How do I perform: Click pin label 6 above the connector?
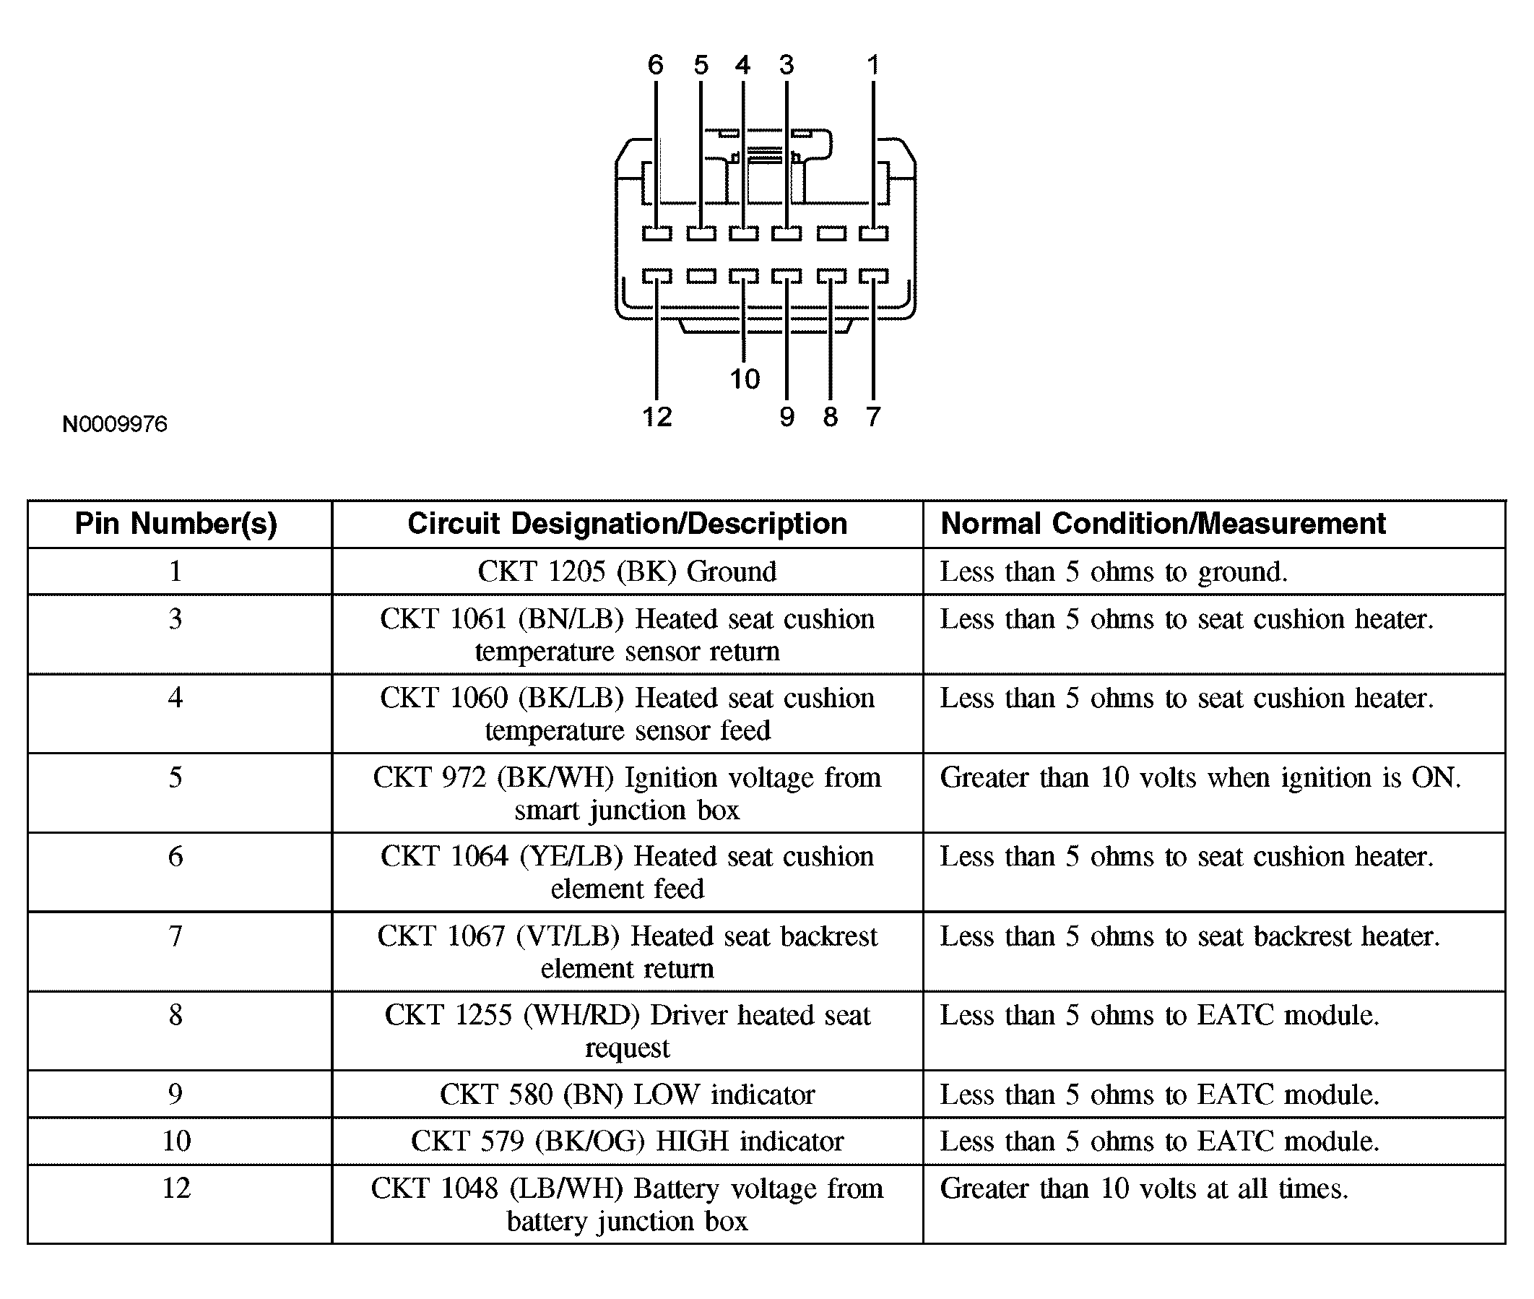[x=655, y=65]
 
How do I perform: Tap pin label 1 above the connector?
[x=873, y=65]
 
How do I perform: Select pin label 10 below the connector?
[x=744, y=379]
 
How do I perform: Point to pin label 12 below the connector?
[x=656, y=418]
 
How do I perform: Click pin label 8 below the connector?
[x=831, y=418]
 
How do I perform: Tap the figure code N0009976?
[x=115, y=424]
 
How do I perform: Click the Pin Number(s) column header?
[x=176, y=524]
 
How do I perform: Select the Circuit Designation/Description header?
[x=627, y=524]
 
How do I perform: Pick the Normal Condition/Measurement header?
[x=1163, y=524]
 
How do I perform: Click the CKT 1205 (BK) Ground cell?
[x=627, y=571]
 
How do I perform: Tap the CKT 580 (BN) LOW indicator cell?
[x=627, y=1095]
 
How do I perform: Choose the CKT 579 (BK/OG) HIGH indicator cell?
[x=627, y=1142]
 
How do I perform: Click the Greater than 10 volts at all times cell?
[x=1144, y=1188]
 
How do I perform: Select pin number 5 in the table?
[x=175, y=777]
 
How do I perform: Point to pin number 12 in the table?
[x=176, y=1188]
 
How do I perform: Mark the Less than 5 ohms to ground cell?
[x=1113, y=571]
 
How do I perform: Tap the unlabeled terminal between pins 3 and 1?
[x=831, y=233]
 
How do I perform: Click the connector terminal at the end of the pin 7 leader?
[x=874, y=276]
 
